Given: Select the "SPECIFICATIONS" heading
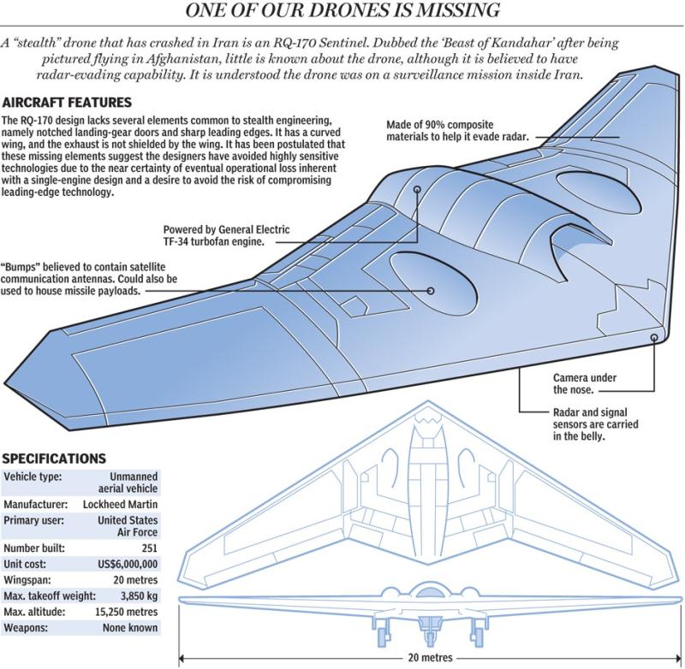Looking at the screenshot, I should point(55,459).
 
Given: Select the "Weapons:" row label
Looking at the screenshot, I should point(29,628).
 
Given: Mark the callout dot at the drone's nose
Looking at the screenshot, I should point(655,337).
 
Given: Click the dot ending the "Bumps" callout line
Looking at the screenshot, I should point(431,290).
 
